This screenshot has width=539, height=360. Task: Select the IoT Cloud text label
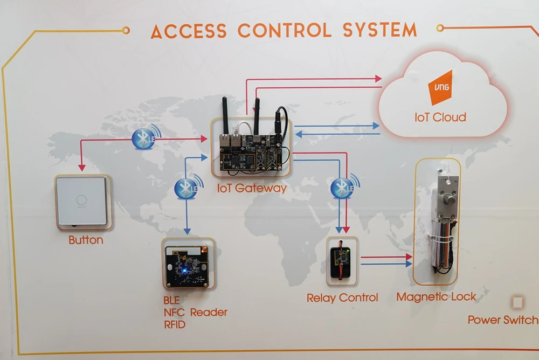point(440,117)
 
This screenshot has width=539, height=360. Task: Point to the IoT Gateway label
point(252,189)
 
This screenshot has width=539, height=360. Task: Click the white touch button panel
point(82,202)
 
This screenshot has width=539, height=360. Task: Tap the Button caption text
point(86,240)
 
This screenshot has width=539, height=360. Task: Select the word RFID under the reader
point(175,325)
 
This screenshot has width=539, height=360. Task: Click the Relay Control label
point(342,297)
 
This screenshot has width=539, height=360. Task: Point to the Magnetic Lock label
point(436,296)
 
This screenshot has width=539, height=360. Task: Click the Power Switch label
point(502,320)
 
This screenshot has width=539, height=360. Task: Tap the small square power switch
point(517,302)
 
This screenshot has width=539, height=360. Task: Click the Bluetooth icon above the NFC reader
point(186,187)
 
